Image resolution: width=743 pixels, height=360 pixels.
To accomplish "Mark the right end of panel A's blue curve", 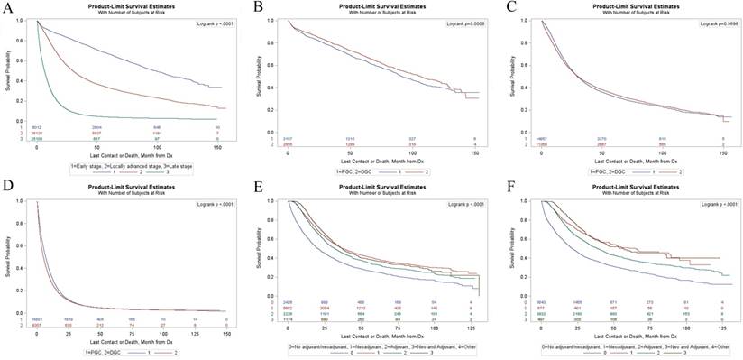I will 221,88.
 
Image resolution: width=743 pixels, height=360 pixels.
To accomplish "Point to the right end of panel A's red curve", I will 221,109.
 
